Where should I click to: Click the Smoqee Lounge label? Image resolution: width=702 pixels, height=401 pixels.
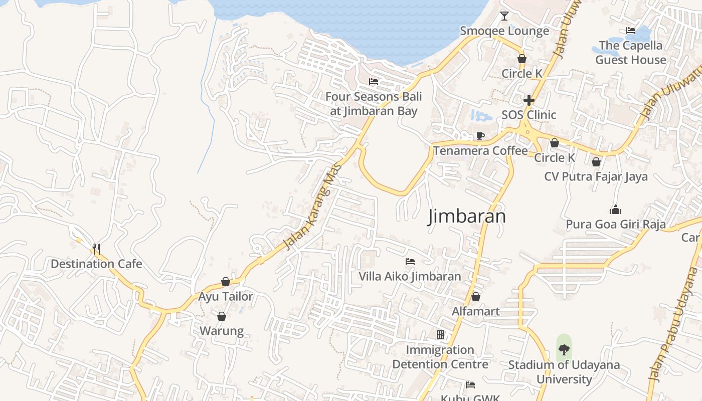[504, 31]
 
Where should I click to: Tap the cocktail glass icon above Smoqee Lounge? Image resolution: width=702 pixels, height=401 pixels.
[504, 16]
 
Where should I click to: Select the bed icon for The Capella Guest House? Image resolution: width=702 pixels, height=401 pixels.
[631, 31]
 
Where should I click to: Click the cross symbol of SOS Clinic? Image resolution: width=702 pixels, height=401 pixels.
[529, 100]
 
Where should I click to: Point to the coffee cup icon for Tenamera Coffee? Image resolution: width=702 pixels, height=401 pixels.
[480, 136]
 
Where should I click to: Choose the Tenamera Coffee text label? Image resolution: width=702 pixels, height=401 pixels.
[480, 150]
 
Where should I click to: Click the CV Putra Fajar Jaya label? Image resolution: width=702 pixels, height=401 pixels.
[596, 176]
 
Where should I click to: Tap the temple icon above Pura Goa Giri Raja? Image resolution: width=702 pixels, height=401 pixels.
[615, 210]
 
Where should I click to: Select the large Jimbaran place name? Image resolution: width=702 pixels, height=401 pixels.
[467, 217]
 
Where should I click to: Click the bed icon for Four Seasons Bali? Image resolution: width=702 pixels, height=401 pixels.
[373, 82]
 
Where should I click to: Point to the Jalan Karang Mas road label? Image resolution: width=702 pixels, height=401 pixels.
[312, 206]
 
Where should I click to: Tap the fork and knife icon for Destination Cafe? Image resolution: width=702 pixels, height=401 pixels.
[96, 249]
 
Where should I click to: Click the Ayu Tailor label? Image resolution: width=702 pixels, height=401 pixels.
[226, 296]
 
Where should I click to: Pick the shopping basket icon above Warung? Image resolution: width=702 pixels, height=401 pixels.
[222, 316]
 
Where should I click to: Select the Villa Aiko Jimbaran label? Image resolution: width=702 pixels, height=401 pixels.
[410, 276]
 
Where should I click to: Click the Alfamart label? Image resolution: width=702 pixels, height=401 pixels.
[475, 311]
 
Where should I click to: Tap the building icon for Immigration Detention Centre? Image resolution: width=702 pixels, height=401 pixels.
[440, 335]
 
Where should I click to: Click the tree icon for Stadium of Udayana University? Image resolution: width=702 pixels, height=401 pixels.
[564, 349]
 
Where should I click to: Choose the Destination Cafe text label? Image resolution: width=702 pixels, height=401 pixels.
[96, 264]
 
